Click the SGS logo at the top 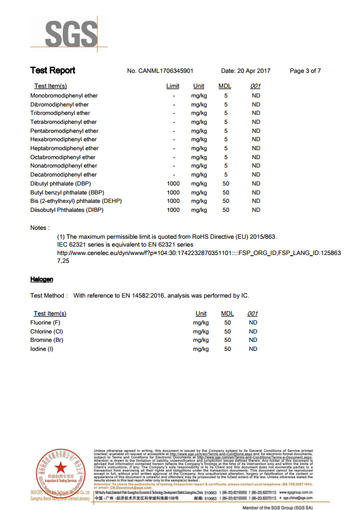68,34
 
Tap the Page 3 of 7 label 305,71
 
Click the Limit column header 173,86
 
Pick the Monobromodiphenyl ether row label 64,96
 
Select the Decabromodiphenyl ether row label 63,174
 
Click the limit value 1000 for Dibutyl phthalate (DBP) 173,183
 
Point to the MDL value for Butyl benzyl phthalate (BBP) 226,192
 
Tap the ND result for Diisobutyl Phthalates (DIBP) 256,210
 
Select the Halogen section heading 41,279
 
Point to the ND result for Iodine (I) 253,349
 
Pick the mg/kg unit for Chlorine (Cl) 201,331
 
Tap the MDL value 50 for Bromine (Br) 227,340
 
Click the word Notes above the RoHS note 39,228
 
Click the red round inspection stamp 60,469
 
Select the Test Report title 53,71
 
